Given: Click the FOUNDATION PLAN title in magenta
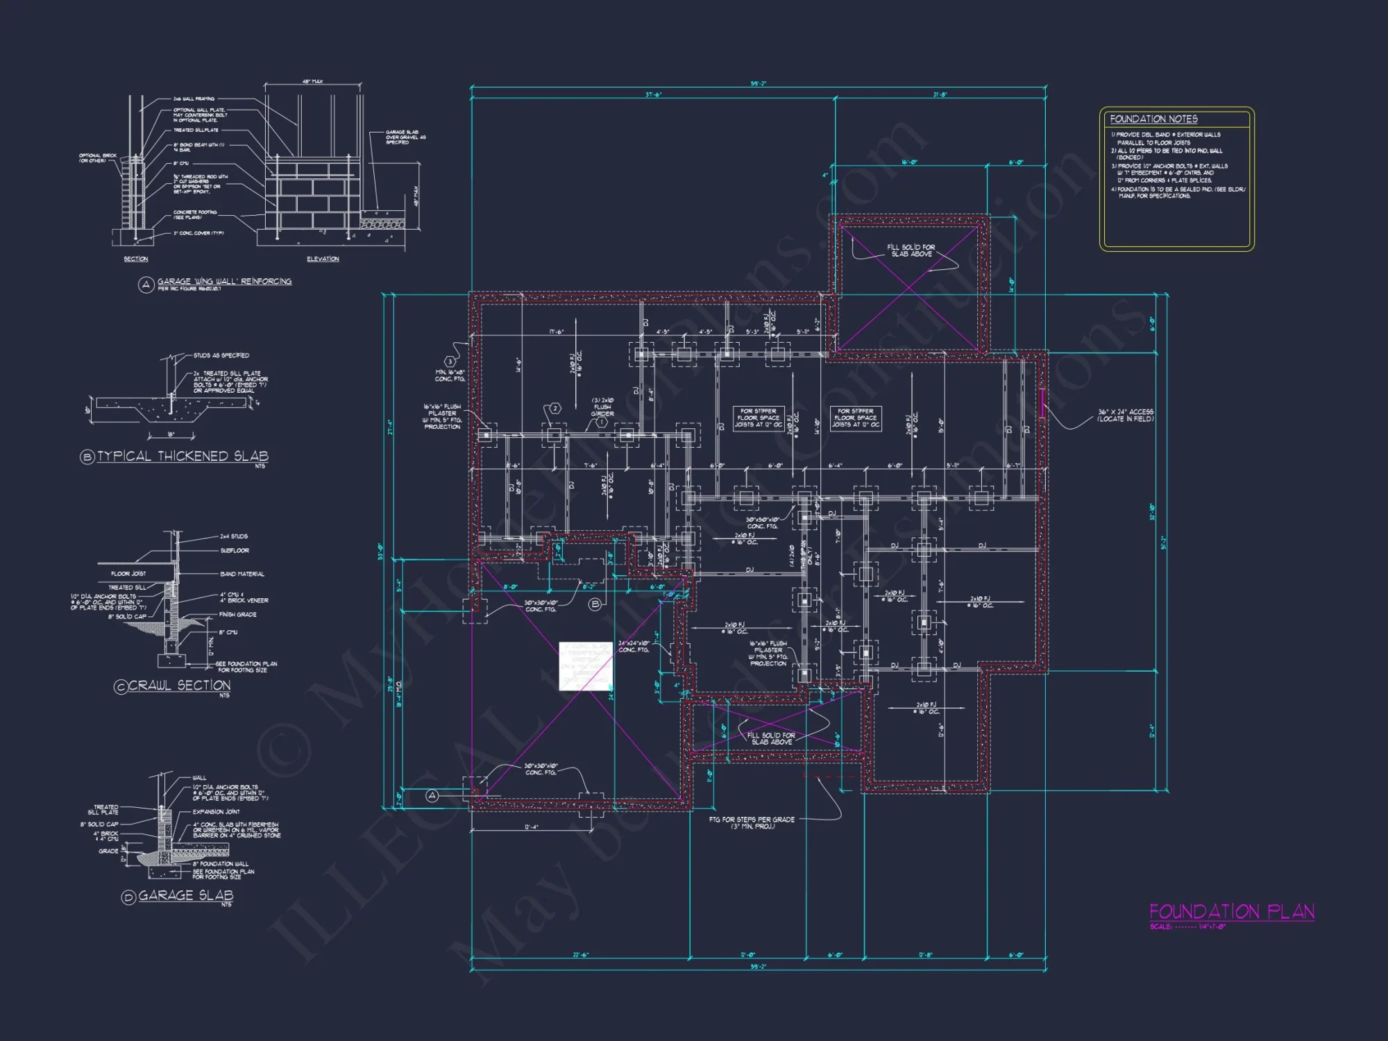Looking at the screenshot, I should pyautogui.click(x=1231, y=911).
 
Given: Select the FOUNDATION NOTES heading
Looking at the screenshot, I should pyautogui.click(x=1153, y=119).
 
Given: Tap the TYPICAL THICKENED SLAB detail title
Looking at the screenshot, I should pyautogui.click(x=183, y=456).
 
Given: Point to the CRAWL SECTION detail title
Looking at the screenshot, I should pyautogui.click(x=179, y=685).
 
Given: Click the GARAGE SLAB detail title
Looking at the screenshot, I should pyautogui.click(x=185, y=895).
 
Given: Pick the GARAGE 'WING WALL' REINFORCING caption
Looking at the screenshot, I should pyautogui.click(x=223, y=281).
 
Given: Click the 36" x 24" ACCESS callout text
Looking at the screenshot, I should pyautogui.click(x=1125, y=415).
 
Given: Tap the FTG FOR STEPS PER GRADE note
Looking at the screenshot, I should pyautogui.click(x=751, y=822).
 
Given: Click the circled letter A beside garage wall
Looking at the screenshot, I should pyautogui.click(x=432, y=795).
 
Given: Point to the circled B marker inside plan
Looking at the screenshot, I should pyautogui.click(x=595, y=604).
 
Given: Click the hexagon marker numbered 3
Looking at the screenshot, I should pyautogui.click(x=450, y=362).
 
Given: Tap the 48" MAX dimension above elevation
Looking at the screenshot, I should pyautogui.click(x=312, y=82).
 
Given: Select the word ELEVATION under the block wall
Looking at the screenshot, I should pyautogui.click(x=323, y=259).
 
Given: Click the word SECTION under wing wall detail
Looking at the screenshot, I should pyautogui.click(x=136, y=259).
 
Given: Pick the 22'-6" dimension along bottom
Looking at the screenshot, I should pyautogui.click(x=580, y=955).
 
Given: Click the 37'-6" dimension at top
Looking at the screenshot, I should pyautogui.click(x=654, y=94).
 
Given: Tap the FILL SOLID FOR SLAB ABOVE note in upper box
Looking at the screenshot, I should pyautogui.click(x=911, y=251).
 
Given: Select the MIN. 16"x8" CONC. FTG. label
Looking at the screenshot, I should pyautogui.click(x=450, y=375).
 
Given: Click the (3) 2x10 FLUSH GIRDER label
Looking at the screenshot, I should pyautogui.click(x=602, y=407).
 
